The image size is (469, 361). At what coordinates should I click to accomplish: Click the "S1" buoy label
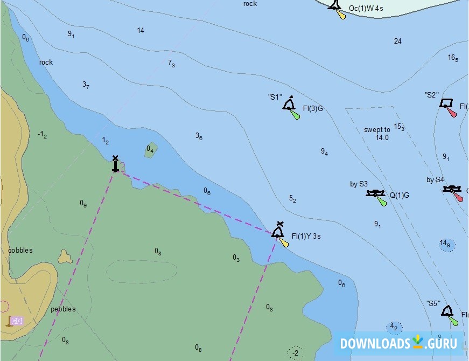click(275, 97)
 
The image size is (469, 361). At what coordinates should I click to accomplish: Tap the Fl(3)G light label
click(313, 108)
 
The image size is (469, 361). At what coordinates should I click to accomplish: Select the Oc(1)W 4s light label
click(366, 9)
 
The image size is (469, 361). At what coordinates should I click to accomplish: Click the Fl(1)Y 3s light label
click(306, 236)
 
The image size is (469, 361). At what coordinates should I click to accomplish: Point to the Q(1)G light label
click(399, 195)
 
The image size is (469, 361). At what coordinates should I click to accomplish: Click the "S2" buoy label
click(431, 95)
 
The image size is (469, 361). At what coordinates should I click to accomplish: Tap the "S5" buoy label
click(433, 303)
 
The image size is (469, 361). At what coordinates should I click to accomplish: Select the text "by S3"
click(359, 184)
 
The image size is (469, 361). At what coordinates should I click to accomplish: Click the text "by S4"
click(435, 179)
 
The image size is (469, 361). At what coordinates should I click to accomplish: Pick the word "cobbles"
click(20, 250)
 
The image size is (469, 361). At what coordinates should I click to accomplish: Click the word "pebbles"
click(63, 309)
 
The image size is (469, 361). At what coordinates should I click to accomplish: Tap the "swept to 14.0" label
click(377, 134)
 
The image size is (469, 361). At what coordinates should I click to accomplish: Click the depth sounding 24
click(397, 41)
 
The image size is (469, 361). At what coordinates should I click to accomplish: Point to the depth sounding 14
click(141, 30)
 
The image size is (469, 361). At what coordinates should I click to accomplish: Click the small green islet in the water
click(151, 150)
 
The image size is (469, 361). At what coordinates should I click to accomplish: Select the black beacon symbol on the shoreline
click(115, 164)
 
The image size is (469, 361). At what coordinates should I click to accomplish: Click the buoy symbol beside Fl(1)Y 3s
click(278, 231)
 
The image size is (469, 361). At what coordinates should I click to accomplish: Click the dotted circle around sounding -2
click(295, 353)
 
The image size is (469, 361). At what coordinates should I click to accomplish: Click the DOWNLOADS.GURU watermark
click(398, 343)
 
